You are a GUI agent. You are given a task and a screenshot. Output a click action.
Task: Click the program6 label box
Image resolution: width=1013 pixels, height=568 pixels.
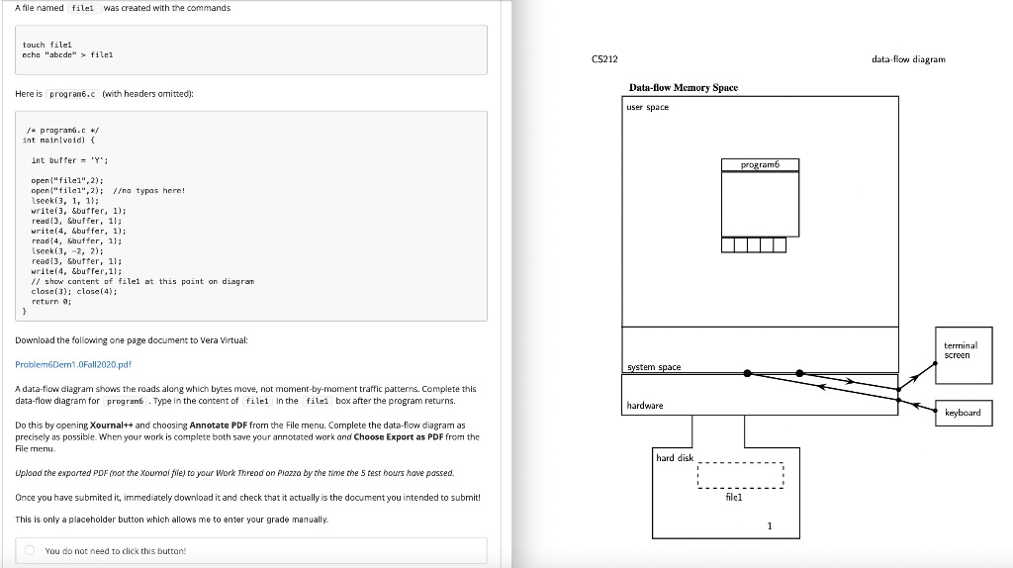pos(759,165)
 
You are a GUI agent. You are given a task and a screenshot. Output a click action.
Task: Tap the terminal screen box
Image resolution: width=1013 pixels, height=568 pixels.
pos(961,349)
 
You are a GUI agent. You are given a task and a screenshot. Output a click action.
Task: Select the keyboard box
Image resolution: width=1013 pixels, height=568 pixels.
pos(963,412)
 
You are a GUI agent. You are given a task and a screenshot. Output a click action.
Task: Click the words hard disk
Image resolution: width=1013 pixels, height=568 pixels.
pos(676,457)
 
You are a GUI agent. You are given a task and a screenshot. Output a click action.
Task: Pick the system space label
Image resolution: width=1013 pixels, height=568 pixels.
pos(653,367)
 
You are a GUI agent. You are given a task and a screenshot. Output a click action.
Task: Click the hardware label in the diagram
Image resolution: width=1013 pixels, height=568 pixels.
pos(645,406)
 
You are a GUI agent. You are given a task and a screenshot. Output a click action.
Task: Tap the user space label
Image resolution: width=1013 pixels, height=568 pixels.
pos(648,107)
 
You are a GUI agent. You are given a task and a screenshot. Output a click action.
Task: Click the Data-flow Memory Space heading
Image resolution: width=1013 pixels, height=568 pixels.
pos(684,88)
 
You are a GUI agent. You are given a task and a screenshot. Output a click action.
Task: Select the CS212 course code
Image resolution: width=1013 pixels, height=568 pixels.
pos(604,59)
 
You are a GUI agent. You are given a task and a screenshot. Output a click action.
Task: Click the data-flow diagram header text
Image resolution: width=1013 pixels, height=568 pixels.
pos(908,59)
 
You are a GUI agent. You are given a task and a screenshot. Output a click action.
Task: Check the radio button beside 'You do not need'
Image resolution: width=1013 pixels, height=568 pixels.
pos(32,551)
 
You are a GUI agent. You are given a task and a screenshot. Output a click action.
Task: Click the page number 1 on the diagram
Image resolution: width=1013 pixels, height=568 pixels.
pos(769,525)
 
